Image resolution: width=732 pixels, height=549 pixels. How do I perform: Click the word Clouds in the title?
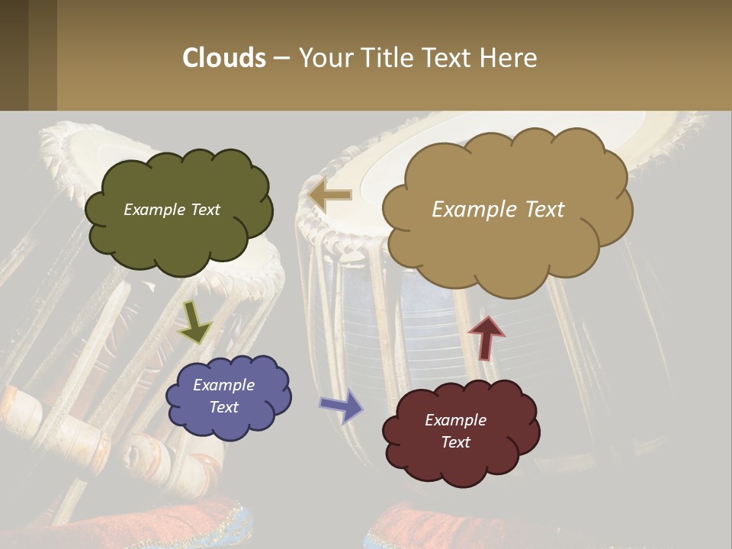[223, 58]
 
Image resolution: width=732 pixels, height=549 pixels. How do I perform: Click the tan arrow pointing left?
[330, 195]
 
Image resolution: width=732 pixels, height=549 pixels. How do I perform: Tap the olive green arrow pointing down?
[195, 322]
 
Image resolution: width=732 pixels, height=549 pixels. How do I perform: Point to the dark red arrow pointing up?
[486, 336]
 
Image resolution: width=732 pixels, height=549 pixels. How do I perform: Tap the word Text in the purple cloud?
[224, 407]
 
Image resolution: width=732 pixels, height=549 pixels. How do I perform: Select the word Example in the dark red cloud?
[455, 420]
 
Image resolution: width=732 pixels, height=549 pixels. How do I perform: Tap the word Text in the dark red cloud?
[455, 442]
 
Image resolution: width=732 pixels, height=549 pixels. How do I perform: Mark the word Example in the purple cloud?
[224, 385]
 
